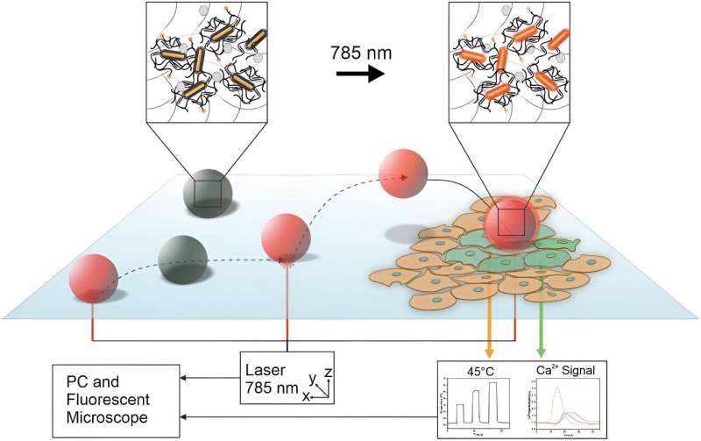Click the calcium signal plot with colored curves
click(564, 406)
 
